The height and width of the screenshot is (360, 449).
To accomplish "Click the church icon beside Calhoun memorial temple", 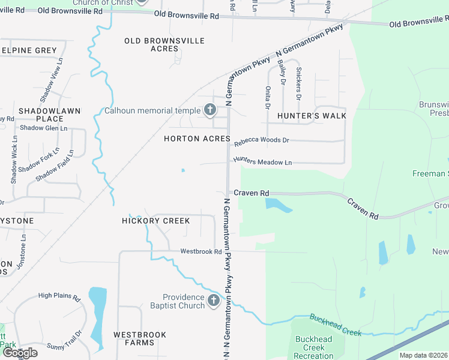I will [x=209, y=110].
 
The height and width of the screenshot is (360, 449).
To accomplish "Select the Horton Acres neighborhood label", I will [x=197, y=139].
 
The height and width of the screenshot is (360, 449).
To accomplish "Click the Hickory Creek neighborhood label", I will [x=156, y=221].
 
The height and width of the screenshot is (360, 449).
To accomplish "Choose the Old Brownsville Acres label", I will [x=164, y=44].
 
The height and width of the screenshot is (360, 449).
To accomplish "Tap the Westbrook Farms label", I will [x=133, y=338].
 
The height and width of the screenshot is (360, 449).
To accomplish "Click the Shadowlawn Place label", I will [x=41, y=115].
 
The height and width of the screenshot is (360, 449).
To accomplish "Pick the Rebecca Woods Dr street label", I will [x=262, y=141].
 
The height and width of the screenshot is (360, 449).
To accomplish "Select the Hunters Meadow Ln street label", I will [x=262, y=162].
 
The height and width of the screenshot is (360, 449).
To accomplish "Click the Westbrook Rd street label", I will [x=201, y=251].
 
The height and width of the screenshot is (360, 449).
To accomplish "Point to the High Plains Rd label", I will [x=59, y=296].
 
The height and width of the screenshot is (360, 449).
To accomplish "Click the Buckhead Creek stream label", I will [x=336, y=325].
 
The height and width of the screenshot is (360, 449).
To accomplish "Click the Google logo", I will [x=19, y=353].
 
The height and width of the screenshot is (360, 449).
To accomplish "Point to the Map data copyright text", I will [x=424, y=355].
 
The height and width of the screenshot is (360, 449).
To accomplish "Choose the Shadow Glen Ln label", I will [x=43, y=128].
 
